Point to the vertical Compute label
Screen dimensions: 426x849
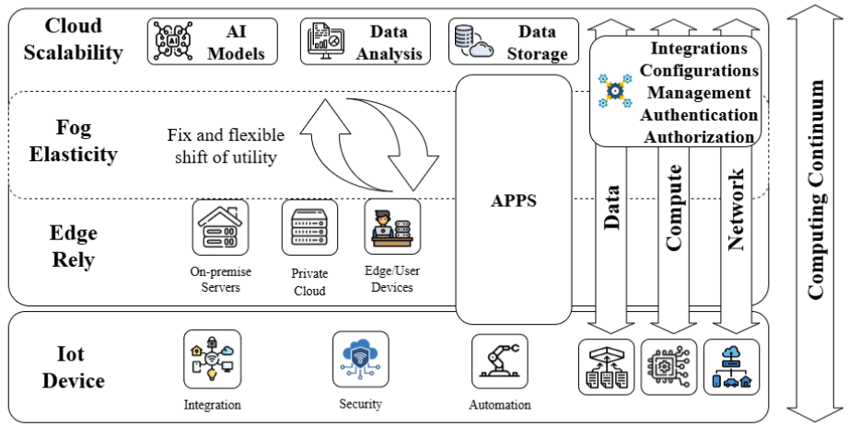click(x=673, y=208)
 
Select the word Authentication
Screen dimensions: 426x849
click(x=699, y=115)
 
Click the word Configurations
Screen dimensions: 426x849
click(x=699, y=71)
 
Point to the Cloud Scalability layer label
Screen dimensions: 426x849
click(x=73, y=39)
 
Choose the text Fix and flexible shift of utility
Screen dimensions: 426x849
click(x=226, y=146)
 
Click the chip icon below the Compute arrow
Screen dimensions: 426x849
click(x=669, y=367)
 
